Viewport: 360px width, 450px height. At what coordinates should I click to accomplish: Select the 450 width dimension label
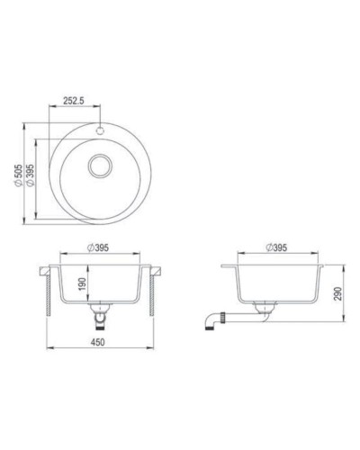102,342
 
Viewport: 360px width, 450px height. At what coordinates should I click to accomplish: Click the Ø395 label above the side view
277,247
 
